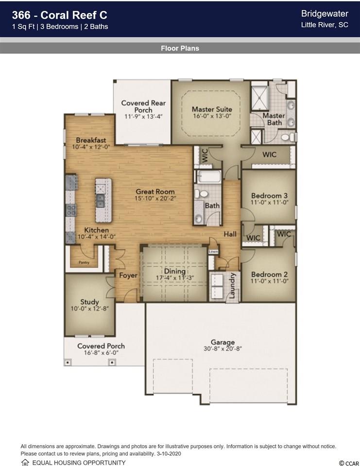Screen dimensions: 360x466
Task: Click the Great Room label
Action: click(x=155, y=192)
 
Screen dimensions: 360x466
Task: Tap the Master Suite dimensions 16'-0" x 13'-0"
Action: click(x=212, y=116)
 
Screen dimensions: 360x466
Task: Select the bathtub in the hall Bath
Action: click(x=209, y=177)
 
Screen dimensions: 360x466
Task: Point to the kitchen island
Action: click(x=103, y=200)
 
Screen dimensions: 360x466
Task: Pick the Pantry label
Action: click(x=84, y=263)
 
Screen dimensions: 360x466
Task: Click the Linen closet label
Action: click(x=213, y=251)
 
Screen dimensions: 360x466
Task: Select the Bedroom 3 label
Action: click(x=269, y=196)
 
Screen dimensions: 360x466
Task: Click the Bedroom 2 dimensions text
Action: click(x=269, y=281)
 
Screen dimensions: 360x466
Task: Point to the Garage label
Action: click(x=223, y=342)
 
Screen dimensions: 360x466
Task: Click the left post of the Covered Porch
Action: click(x=68, y=363)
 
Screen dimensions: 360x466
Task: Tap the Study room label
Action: click(x=89, y=302)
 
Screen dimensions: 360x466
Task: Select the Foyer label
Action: click(x=128, y=276)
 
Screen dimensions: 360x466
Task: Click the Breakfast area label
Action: click(x=91, y=140)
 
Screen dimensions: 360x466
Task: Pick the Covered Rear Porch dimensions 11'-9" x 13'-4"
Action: click(x=143, y=116)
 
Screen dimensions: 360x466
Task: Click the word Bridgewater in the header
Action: click(x=325, y=14)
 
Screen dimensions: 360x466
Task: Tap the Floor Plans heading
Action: click(x=180, y=48)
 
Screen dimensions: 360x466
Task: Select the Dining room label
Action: click(x=174, y=271)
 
